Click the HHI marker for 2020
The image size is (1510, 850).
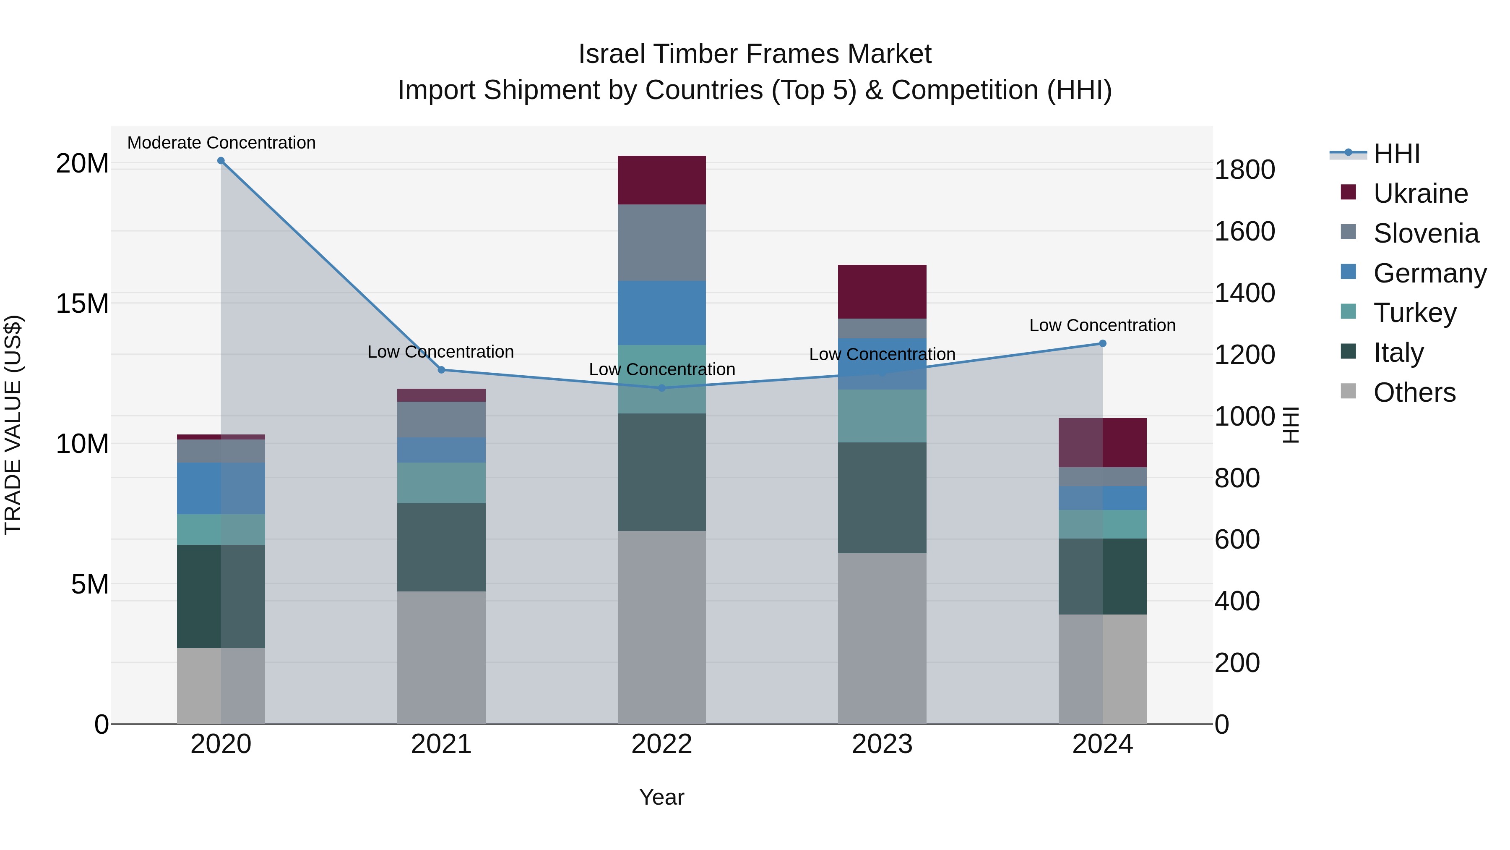221,161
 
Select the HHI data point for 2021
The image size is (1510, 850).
441,370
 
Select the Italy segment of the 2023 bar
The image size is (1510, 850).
882,497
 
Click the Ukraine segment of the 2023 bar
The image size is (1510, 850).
882,292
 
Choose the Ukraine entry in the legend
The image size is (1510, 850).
1420,194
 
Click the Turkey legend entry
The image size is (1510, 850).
1414,313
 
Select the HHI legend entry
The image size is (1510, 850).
1396,154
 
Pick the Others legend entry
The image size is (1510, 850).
1414,392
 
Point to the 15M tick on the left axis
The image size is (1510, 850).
82,304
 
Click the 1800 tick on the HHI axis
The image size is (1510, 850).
1244,170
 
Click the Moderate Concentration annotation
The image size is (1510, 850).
221,143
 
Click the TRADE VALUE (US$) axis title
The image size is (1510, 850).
13,425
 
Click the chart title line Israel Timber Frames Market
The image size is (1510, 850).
755,54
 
